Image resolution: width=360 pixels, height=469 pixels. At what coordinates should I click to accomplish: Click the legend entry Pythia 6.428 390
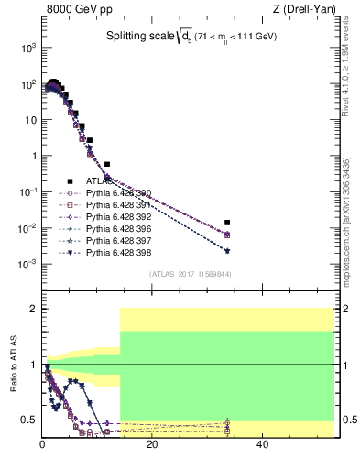[x=120, y=193]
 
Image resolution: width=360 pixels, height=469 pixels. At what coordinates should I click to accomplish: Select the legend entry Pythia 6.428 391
[x=120, y=205]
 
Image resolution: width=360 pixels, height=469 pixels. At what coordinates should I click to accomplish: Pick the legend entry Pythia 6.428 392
[x=120, y=217]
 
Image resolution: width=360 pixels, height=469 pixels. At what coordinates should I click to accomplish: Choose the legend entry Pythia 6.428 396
[x=120, y=229]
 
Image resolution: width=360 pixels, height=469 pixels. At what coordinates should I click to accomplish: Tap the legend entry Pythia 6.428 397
[x=120, y=240]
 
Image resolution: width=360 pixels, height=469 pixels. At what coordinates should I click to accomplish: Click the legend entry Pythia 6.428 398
[x=120, y=252]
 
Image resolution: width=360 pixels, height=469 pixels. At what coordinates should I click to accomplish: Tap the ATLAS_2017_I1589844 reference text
[x=190, y=274]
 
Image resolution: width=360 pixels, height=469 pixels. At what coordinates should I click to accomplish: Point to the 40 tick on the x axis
[x=262, y=445]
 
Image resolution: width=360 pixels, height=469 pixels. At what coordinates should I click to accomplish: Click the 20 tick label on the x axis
[x=152, y=445]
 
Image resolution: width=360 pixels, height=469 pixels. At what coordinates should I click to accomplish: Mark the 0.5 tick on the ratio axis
[x=29, y=420]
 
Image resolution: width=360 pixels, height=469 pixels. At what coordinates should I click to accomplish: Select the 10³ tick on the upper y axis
[x=27, y=47]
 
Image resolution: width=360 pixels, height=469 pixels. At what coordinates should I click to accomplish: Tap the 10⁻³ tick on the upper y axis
[x=27, y=264]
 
